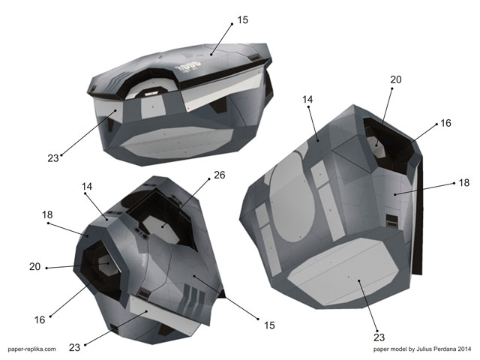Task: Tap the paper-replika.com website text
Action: pos(32,349)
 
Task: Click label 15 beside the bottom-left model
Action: pos(269,325)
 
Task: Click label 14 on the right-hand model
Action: pos(308,99)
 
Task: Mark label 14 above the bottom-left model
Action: pos(87,185)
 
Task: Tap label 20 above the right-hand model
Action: pos(396,79)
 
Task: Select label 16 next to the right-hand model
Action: pos(445,123)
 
